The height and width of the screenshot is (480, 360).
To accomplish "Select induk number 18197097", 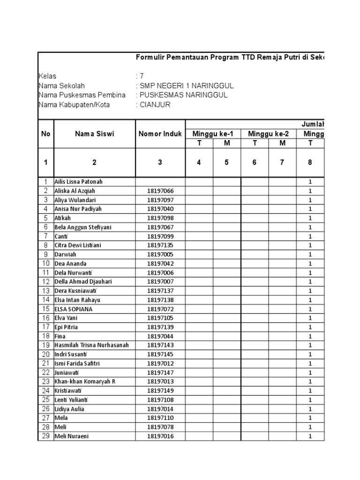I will click(160, 200).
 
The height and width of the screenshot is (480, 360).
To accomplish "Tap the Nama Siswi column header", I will click(94, 134).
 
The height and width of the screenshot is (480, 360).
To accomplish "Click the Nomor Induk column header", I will click(160, 134).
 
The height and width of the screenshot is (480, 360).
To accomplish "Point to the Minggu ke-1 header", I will click(213, 134).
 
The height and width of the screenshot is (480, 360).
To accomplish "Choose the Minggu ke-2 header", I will click(268, 134).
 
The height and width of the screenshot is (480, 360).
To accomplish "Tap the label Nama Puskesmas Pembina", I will click(82, 95).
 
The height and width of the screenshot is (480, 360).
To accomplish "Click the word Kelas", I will click(47, 76).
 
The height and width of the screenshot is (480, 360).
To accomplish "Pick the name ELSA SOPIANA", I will click(74, 309).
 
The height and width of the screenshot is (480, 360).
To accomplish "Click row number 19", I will click(45, 345).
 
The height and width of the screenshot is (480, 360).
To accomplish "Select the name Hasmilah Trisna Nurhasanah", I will click(91, 345).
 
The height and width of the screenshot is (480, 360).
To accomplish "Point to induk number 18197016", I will click(160, 436).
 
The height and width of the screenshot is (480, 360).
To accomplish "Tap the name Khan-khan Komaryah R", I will click(85, 382).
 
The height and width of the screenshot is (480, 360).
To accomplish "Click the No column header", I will click(45, 134).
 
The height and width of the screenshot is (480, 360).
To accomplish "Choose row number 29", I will click(45, 436).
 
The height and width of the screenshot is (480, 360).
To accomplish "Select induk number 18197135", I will click(160, 245).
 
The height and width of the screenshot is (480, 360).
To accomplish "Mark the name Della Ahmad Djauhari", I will click(83, 282).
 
